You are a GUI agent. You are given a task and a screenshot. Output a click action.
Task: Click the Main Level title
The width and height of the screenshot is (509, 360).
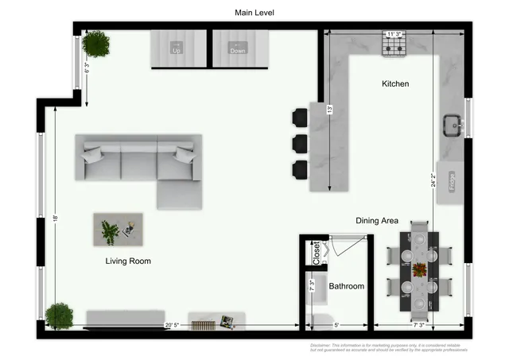(x=254, y=13)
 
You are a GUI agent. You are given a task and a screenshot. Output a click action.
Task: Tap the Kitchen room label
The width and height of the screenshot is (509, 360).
(x=395, y=83)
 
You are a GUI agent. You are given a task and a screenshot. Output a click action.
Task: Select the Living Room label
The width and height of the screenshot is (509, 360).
(x=128, y=261)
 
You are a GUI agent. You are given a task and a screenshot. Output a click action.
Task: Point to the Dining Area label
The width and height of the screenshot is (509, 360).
(x=376, y=221)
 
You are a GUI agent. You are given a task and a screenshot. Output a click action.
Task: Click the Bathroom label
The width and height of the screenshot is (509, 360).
(x=347, y=286)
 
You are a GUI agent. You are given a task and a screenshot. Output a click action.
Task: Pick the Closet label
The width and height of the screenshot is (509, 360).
(x=316, y=253)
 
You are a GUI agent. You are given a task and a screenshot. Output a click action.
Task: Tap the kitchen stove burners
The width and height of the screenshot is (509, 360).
(x=394, y=47)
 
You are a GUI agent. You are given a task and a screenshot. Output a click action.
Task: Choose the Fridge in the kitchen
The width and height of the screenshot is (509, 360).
(x=451, y=182)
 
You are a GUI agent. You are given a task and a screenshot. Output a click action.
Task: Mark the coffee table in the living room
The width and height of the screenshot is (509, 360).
(x=118, y=230)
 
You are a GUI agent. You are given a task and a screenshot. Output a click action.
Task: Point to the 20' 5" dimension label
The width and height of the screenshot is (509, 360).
(x=173, y=325)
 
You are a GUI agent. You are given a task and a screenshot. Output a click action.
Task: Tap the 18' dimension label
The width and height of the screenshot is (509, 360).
(x=56, y=218)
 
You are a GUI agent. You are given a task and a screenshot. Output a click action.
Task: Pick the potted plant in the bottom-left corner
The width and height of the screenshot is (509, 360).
(x=59, y=315)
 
